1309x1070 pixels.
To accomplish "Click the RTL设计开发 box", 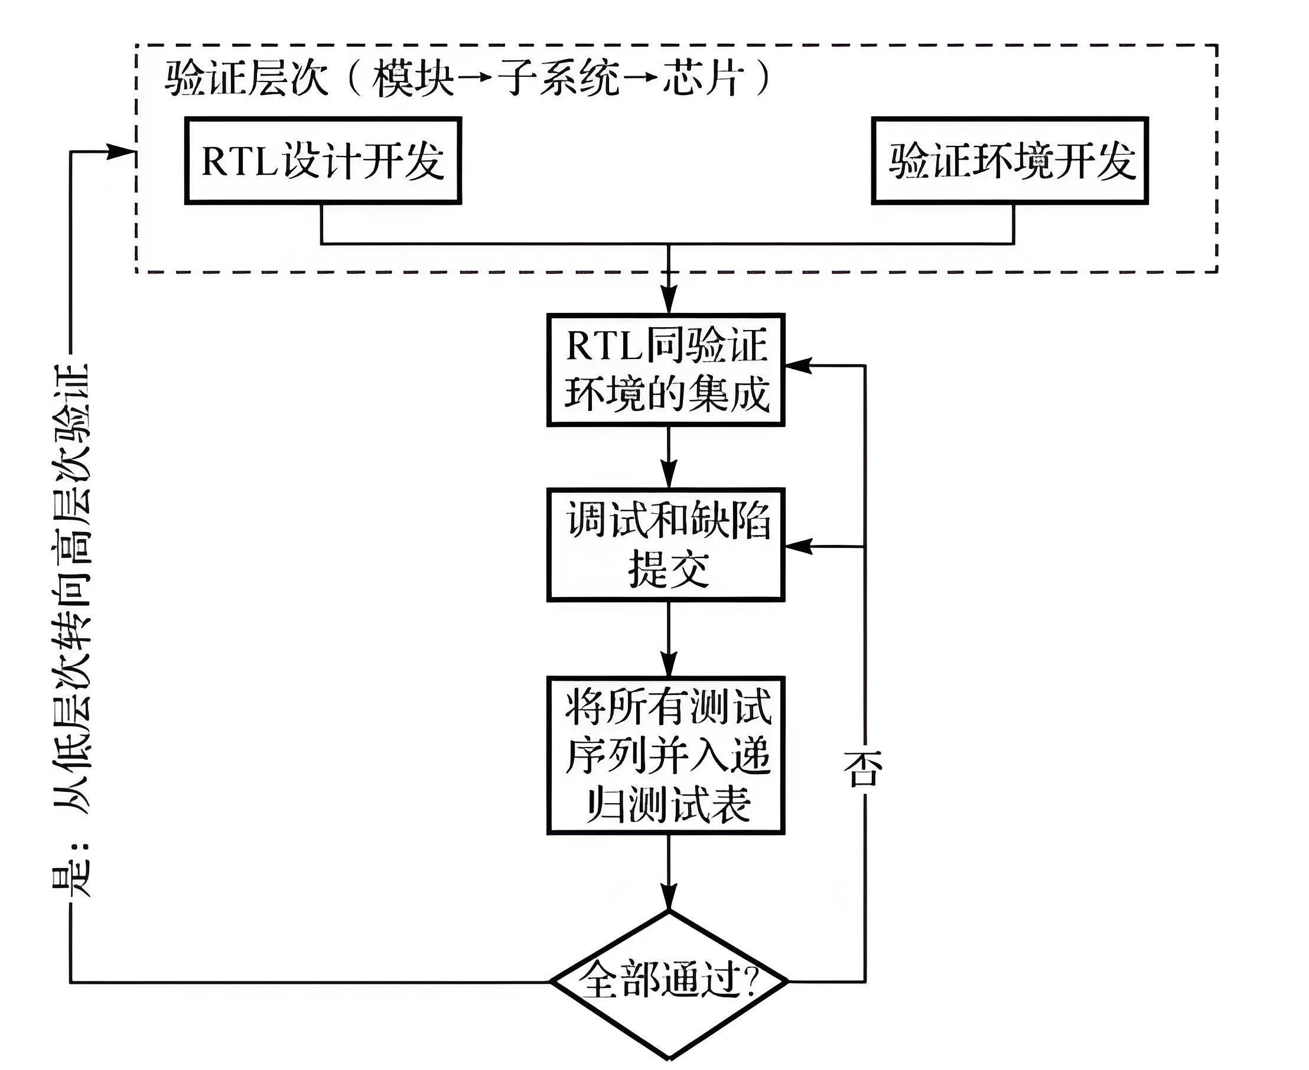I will (x=323, y=160).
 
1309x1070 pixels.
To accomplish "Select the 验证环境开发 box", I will (x=1010, y=160).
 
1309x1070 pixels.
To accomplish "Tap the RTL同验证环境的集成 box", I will (x=665, y=370).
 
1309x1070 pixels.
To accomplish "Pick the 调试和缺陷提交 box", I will (x=665, y=544).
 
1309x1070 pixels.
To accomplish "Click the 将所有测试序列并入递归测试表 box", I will (x=665, y=755).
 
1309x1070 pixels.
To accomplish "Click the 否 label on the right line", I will (x=863, y=769).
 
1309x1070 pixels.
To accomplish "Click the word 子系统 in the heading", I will (x=558, y=79).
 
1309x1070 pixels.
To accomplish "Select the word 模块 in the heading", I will (x=412, y=79).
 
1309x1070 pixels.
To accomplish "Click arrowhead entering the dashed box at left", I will (x=121, y=152).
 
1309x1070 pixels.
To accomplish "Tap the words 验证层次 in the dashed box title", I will (x=245, y=79).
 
